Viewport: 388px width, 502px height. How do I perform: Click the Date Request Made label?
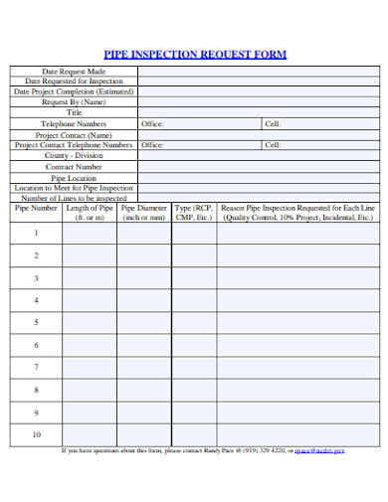[74, 72]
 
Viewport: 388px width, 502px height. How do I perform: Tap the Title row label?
[74, 113]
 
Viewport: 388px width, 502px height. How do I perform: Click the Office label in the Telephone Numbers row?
[152, 123]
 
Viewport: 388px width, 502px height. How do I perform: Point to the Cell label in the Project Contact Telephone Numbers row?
[273, 145]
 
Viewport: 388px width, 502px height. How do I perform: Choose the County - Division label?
[74, 155]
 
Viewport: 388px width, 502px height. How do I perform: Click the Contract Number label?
[74, 166]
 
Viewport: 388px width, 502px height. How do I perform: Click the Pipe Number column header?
[36, 209]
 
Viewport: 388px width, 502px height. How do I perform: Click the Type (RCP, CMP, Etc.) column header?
[194, 213]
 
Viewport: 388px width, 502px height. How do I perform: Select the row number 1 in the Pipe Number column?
[36, 233]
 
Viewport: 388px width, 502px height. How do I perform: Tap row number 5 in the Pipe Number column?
[36, 322]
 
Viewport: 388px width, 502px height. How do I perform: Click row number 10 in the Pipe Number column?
[36, 434]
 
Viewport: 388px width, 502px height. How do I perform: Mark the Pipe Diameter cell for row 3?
[144, 277]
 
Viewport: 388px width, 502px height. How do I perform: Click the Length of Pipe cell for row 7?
[90, 367]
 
